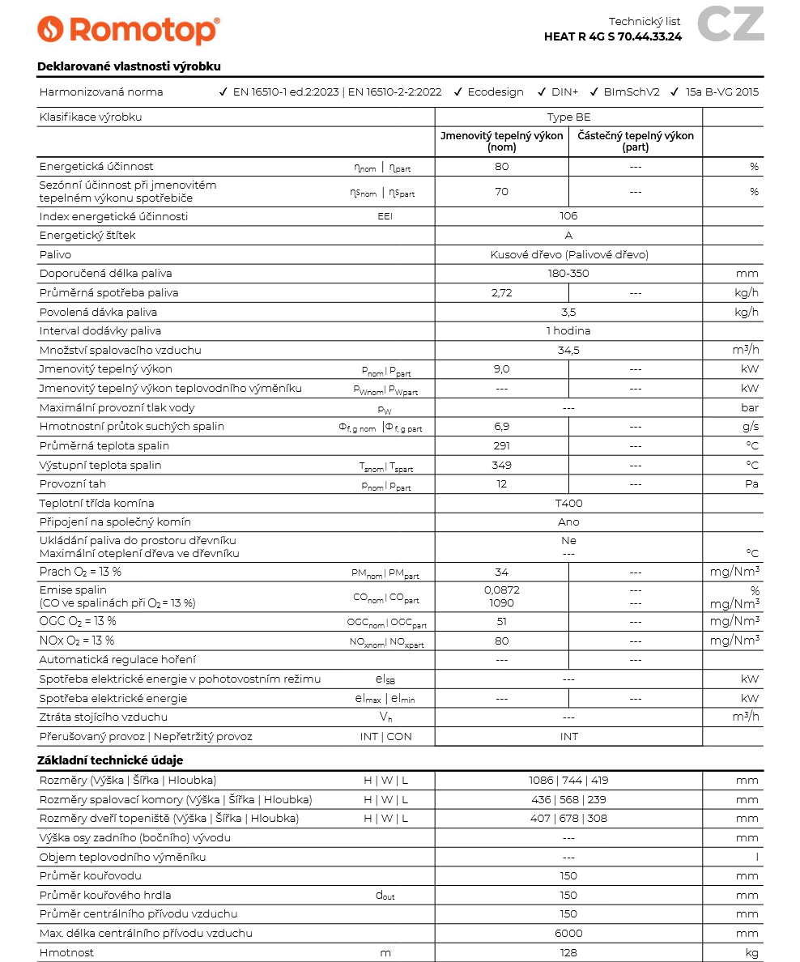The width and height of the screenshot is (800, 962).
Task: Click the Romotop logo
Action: click(128, 29)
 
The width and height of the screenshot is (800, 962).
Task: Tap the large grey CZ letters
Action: click(730, 24)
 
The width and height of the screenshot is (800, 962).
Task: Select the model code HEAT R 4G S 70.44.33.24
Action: click(613, 36)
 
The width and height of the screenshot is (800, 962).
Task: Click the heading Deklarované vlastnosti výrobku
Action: click(129, 66)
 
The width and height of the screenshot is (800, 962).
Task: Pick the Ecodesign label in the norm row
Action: click(495, 92)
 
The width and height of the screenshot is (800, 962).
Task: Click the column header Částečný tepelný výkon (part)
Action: click(636, 142)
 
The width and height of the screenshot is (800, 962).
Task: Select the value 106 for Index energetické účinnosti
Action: click(568, 216)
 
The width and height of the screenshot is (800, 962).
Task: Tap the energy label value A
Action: click(568, 236)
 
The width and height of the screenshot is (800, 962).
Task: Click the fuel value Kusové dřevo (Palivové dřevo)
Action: click(568, 254)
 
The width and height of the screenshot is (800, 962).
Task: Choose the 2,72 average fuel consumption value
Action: click(502, 292)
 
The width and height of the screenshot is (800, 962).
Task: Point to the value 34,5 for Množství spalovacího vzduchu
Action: click(568, 351)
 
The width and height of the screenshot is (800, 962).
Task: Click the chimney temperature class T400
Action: click(568, 503)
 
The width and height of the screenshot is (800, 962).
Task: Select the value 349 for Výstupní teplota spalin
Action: click(502, 465)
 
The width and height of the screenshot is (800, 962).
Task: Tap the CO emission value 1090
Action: click(502, 603)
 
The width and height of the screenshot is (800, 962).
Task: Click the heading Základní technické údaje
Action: click(110, 760)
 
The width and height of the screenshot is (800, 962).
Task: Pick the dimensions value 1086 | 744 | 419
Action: click(568, 781)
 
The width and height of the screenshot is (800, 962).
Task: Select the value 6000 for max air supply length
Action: click(568, 934)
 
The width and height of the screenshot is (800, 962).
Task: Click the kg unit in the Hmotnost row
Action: click(751, 953)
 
